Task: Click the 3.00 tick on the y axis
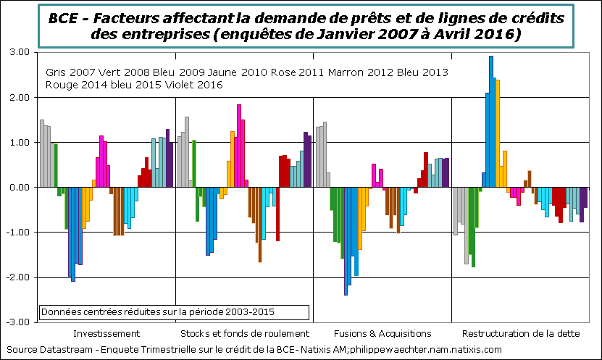tap(18, 53)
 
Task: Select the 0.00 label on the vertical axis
tap(18, 188)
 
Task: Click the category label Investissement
tap(106, 333)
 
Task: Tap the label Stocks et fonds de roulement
tap(244, 333)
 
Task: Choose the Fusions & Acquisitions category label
tap(382, 333)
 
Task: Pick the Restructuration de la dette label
tap(521, 333)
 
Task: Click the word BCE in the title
tap(65, 17)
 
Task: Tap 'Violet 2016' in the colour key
tap(191, 85)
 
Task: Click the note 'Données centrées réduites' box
tap(174, 312)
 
